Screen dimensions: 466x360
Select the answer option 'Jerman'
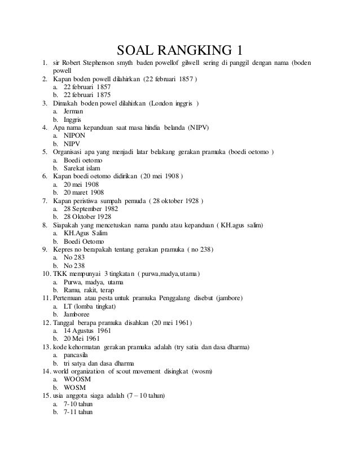coord(73,112)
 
